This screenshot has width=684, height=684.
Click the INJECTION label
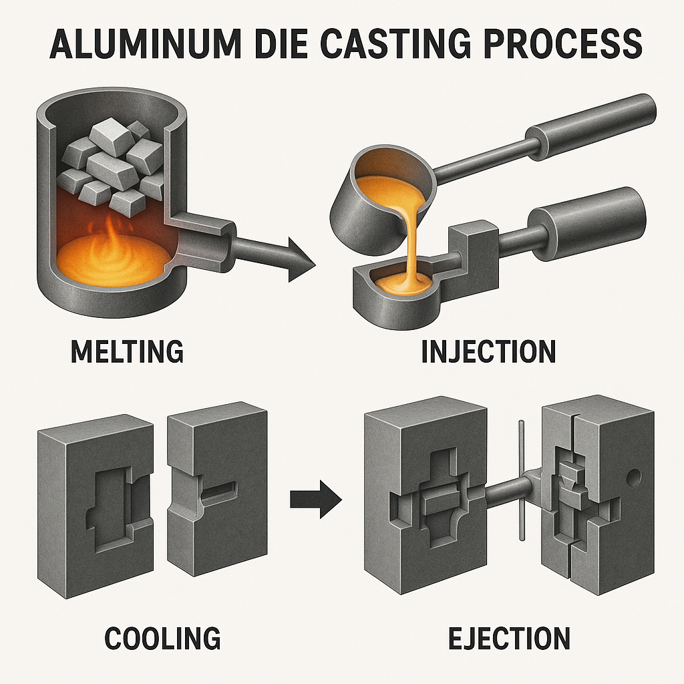[x=488, y=352]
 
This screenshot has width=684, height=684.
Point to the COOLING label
[x=162, y=638]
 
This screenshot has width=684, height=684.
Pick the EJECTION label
[x=508, y=638]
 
